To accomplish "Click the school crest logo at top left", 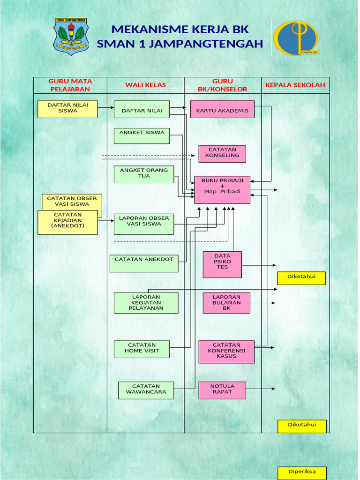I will coord(71,37).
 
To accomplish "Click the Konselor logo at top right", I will coord(296,38).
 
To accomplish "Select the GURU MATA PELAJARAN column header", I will coord(70,85).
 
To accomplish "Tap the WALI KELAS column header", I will coord(145,85).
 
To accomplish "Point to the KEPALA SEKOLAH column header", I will coord(295,85).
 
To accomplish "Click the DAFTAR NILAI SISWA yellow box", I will coord(67,109).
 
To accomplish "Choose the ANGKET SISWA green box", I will coord(142,135).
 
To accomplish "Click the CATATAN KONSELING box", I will coord(222,154).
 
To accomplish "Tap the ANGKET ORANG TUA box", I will coord(144,174).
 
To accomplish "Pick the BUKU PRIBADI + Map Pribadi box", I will coord(222,189).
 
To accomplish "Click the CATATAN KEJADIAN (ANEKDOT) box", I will coord(67,222).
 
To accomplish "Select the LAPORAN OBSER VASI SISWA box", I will coord(144,224).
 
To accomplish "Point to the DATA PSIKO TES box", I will coord(222,264).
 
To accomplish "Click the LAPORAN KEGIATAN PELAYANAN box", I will coord(146,303).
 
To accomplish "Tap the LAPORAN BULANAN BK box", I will coord(226,303).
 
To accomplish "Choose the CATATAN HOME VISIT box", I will coord(142,349).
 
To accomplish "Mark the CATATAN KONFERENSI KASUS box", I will coord(226,352).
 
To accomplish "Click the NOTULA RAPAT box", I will coord(222,390).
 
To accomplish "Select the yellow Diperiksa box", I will coord(301,472).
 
